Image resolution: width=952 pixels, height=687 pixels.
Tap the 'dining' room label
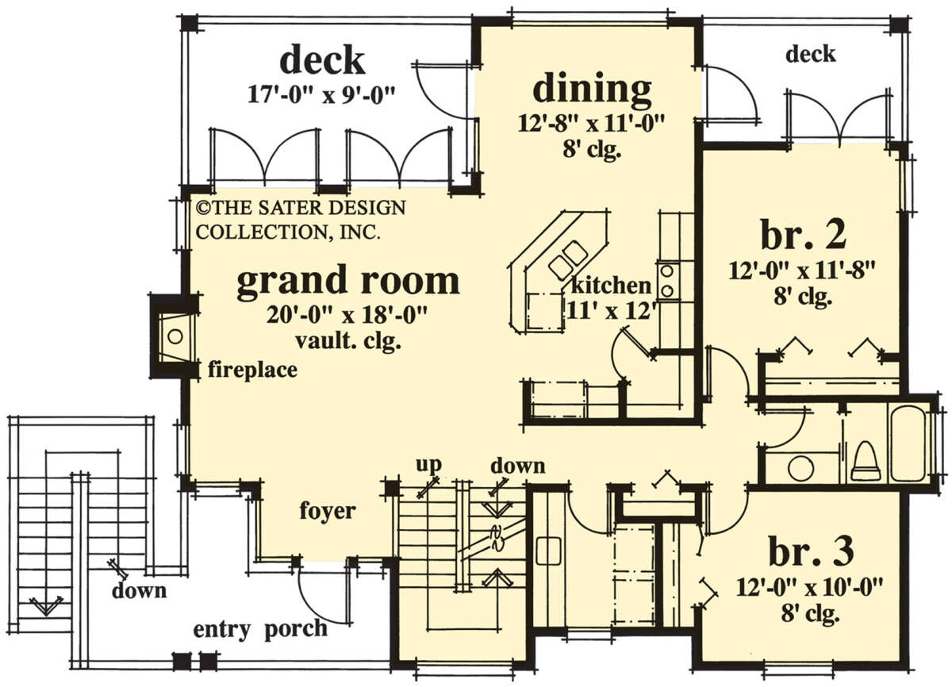click(x=592, y=90)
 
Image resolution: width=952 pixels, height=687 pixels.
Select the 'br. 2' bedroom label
click(x=803, y=235)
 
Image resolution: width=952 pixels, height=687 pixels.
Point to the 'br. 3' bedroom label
click(x=811, y=551)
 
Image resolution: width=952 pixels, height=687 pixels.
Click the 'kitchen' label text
click(x=611, y=286)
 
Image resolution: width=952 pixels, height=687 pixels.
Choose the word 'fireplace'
click(x=252, y=370)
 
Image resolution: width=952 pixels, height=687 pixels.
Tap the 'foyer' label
click(x=327, y=512)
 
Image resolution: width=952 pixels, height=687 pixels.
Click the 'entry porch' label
click(x=260, y=629)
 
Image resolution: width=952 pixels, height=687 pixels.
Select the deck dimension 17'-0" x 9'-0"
click(x=322, y=95)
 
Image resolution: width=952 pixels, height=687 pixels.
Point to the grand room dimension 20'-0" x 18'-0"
click(x=347, y=316)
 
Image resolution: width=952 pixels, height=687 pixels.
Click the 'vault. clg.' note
click(x=348, y=341)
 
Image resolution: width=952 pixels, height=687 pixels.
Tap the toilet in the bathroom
click(x=865, y=462)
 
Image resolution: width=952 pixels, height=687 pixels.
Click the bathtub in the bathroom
click(x=909, y=444)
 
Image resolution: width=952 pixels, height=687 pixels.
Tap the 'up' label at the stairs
click(x=429, y=465)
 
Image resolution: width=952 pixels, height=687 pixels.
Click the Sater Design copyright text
click(x=301, y=220)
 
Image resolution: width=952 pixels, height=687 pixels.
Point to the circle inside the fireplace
click(x=175, y=336)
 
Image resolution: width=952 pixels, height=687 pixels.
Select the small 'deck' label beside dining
click(x=811, y=55)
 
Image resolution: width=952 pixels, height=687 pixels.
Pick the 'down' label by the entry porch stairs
click(x=139, y=590)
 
